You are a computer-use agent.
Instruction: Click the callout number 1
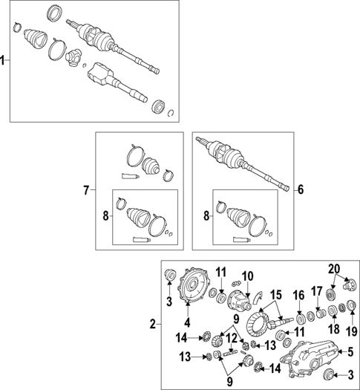[4, 62]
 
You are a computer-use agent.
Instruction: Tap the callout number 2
[154, 324]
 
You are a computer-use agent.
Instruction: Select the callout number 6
[301, 190]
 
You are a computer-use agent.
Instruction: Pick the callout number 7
[86, 191]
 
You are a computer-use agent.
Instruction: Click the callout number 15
[275, 295]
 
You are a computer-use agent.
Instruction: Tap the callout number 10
[248, 276]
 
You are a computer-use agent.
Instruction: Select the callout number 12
[233, 338]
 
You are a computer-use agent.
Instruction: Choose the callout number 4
[187, 323]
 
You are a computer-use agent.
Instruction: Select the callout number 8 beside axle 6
[206, 216]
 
